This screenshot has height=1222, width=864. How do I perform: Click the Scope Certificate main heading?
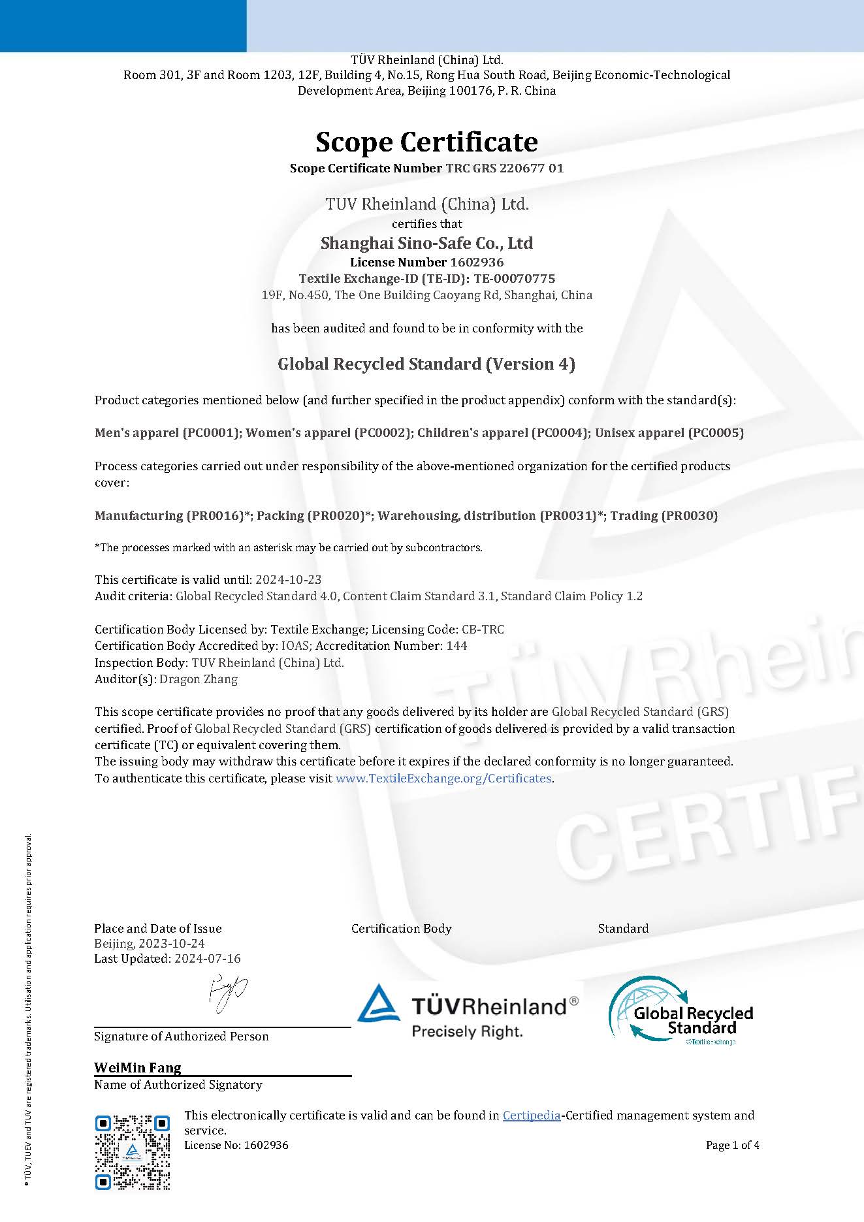pos(426,142)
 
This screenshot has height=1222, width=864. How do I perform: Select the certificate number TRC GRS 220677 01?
pos(504,168)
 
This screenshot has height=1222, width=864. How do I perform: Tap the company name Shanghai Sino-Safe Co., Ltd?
pos(426,243)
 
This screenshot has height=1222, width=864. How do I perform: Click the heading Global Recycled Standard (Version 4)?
pos(426,364)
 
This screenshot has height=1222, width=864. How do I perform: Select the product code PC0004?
pos(560,432)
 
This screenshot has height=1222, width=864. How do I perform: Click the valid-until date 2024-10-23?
pos(288,579)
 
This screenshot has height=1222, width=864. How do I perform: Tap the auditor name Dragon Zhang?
pos(199,679)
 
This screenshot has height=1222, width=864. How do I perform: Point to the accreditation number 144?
pos(456,645)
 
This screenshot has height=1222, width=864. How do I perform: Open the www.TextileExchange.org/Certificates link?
pos(443,778)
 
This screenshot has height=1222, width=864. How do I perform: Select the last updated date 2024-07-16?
pos(208,959)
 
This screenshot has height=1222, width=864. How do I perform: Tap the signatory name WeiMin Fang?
pos(137,1068)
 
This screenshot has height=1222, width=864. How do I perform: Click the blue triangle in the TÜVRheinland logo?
pos(379,1003)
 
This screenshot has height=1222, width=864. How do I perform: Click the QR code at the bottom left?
pos(133,1151)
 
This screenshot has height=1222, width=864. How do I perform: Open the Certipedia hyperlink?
pos(531,1116)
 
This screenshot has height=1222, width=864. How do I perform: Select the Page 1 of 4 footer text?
pos(732,1145)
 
